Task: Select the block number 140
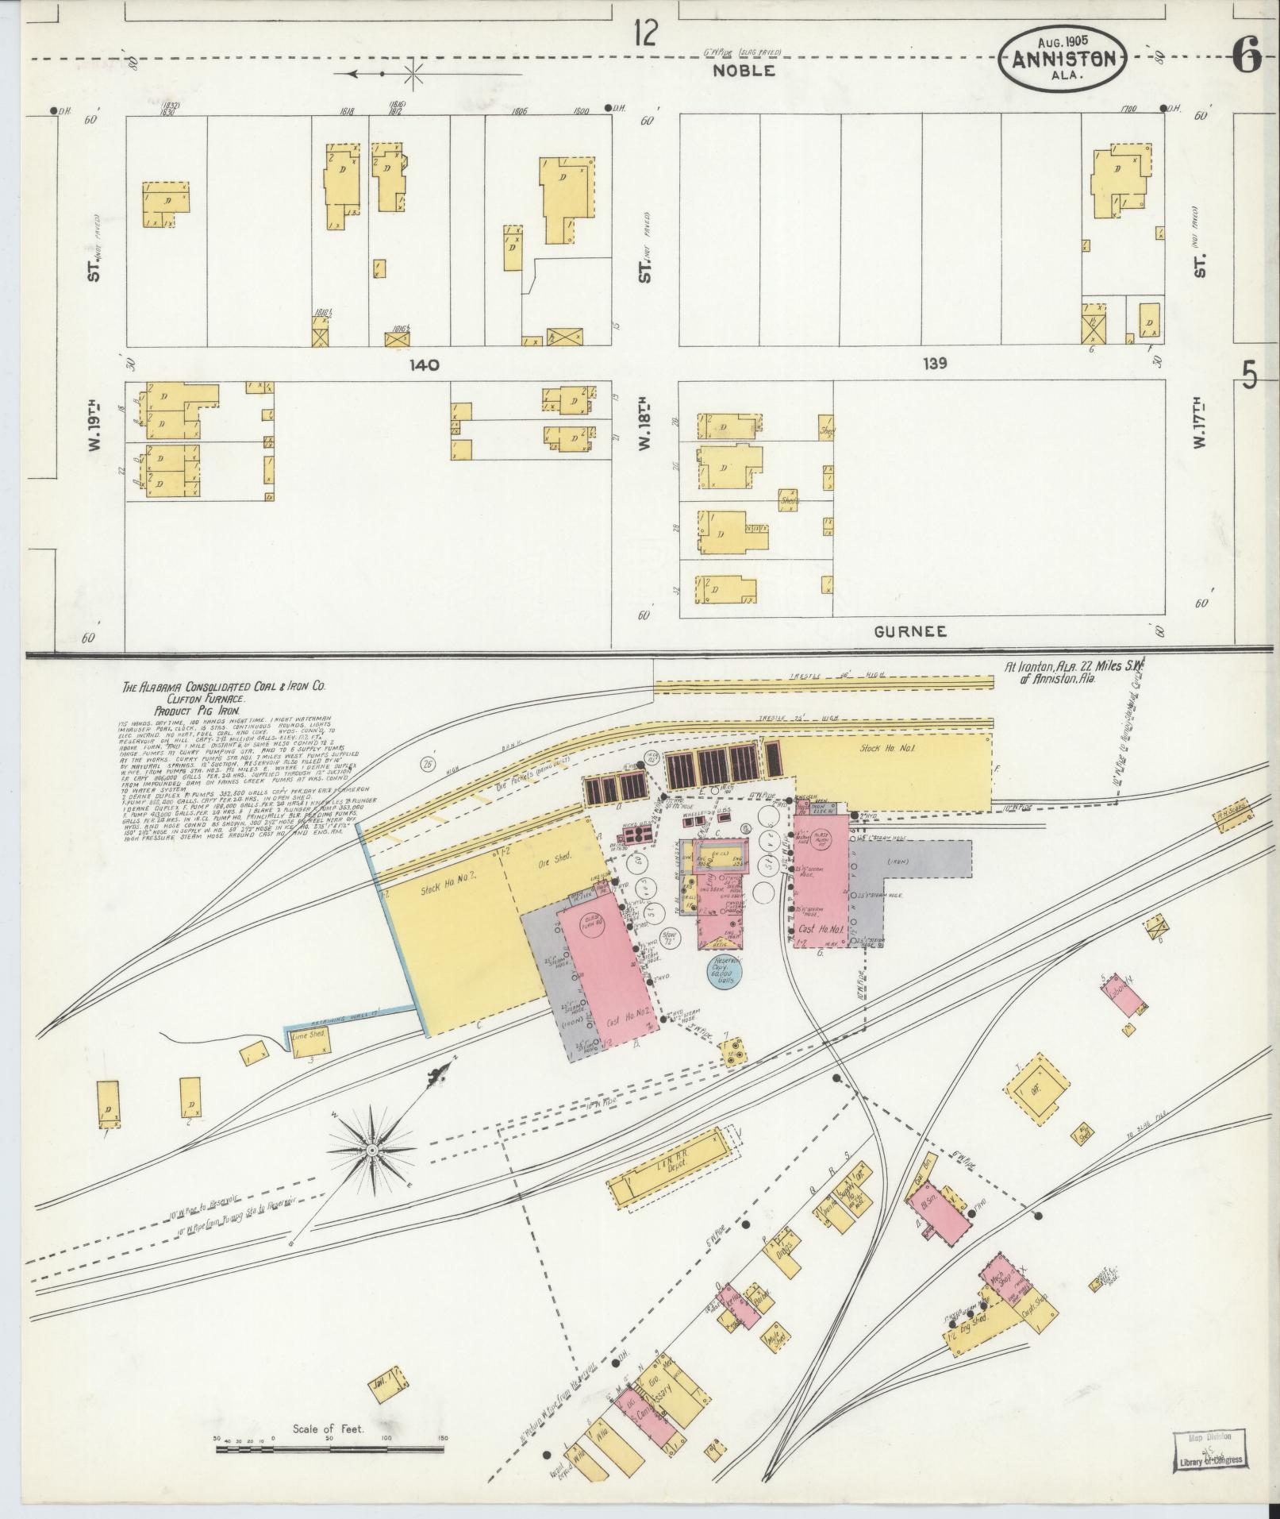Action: pyautogui.click(x=424, y=364)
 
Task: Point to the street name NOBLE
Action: pyautogui.click(x=743, y=71)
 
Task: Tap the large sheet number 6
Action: pyautogui.click(x=1247, y=56)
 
